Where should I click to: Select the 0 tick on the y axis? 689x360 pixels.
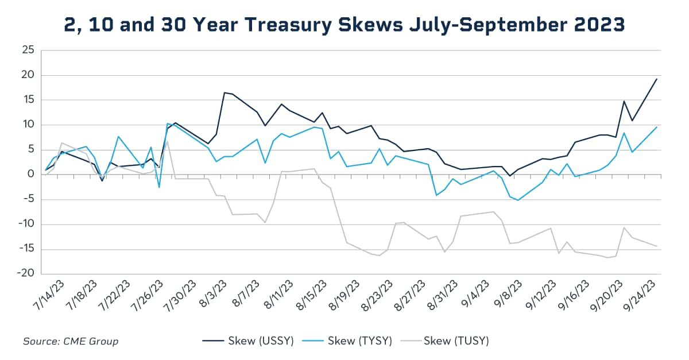pos(32,175)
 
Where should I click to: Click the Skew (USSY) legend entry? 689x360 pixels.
pos(248,341)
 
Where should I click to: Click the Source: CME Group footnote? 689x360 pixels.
pos(71,341)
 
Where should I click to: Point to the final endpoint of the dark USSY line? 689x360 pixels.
pos(656,79)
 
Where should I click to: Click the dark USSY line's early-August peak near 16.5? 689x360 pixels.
pos(224,92)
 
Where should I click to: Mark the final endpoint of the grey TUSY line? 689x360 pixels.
pos(656,246)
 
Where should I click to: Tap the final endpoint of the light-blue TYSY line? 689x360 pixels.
pos(656,127)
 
